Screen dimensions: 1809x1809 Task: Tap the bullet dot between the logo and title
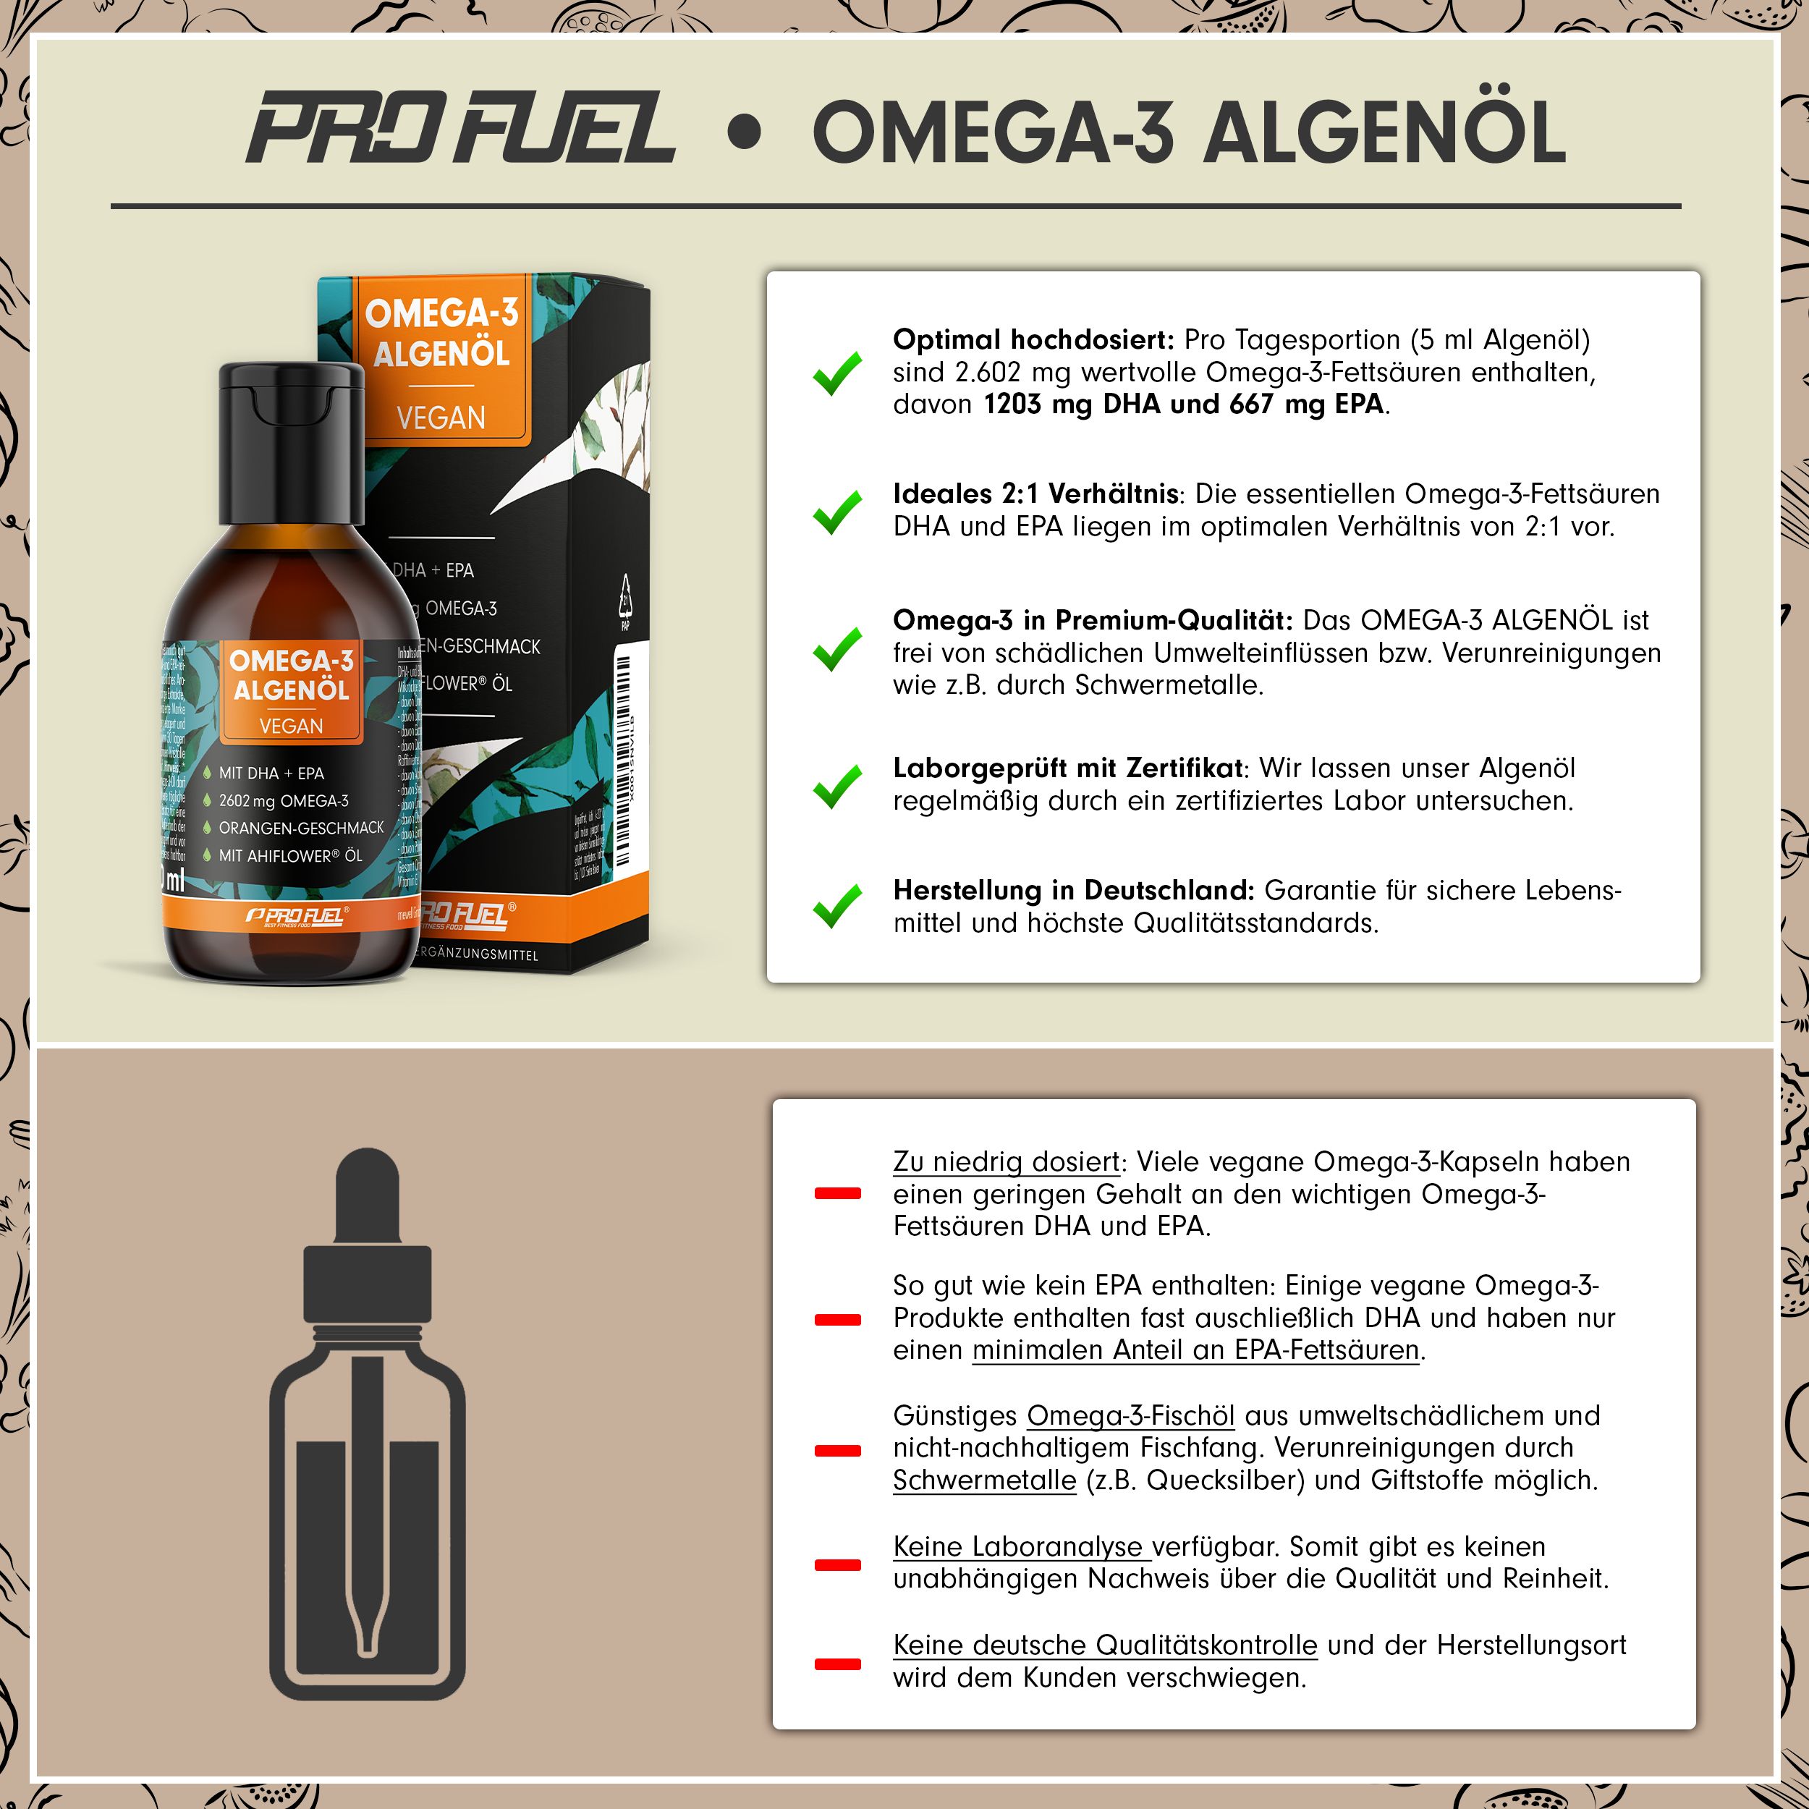click(x=745, y=132)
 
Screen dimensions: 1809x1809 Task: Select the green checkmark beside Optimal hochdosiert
click(x=836, y=373)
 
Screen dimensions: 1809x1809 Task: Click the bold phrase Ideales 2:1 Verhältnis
click(x=1035, y=493)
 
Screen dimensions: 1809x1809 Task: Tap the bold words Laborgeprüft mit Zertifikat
click(x=1068, y=768)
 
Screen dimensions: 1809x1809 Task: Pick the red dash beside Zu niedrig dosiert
click(x=837, y=1193)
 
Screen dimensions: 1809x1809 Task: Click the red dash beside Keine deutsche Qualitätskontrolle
click(x=837, y=1664)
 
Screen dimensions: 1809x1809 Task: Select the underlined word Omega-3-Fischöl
click(x=1130, y=1416)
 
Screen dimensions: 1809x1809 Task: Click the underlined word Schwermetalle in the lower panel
click(x=984, y=1480)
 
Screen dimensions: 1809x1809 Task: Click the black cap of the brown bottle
click(x=291, y=440)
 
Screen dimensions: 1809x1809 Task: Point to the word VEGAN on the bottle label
click(x=291, y=726)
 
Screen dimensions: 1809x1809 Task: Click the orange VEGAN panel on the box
click(x=441, y=417)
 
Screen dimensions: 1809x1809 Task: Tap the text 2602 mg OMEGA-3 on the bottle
click(x=283, y=800)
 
